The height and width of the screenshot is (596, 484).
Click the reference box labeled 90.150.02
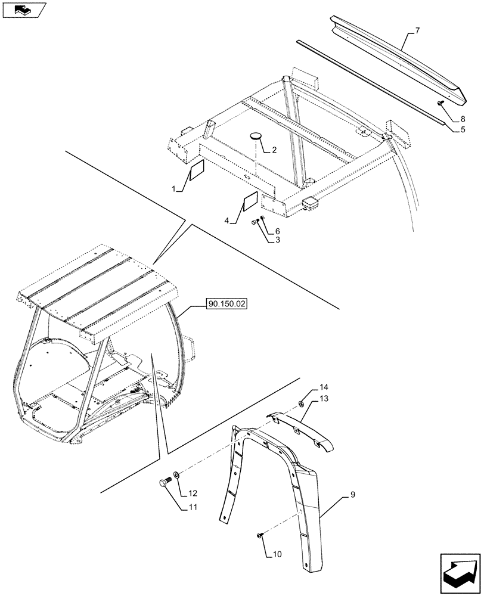point(227,304)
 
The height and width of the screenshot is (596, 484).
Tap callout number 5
point(463,129)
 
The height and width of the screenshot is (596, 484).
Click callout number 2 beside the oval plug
point(274,150)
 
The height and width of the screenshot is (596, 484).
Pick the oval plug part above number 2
point(256,136)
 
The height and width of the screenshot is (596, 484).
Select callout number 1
point(175,189)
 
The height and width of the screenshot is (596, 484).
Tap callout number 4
point(228,221)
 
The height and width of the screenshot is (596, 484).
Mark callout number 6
point(277,231)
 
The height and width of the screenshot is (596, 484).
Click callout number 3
point(277,240)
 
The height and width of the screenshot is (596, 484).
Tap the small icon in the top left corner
point(24,10)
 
